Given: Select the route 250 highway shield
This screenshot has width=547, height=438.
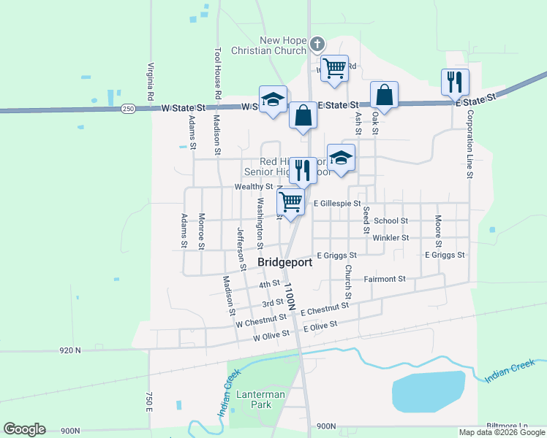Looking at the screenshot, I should point(128,109).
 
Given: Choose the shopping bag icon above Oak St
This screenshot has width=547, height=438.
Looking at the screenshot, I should point(384,94).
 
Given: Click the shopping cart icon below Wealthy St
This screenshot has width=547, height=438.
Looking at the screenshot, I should point(291,201).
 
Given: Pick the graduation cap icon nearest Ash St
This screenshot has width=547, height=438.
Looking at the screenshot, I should point(340,157).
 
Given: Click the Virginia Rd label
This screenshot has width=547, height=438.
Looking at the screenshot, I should point(150,81).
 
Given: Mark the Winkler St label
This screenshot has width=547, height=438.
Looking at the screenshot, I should point(390,238).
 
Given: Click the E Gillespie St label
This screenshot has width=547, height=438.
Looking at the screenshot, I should point(337,204).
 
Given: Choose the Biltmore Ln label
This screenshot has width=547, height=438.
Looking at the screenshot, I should point(507,426).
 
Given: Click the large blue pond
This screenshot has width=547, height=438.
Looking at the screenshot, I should point(429,391).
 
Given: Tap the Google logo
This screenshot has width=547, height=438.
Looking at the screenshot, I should point(24,429).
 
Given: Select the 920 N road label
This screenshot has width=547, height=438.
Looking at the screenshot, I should point(70,350).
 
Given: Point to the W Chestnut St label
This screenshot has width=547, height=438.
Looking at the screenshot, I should point(260,320).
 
